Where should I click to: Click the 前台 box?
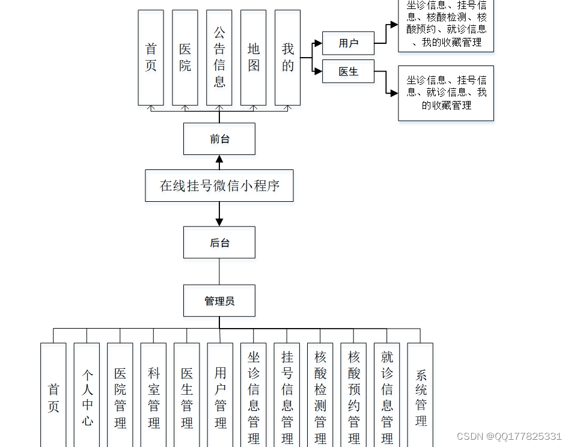(x=219, y=139)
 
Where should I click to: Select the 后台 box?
(x=219, y=243)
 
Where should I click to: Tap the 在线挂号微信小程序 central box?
(x=219, y=186)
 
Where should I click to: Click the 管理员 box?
(x=219, y=300)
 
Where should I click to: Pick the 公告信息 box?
(x=219, y=57)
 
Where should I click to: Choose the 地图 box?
(x=254, y=57)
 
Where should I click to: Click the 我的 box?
(x=288, y=57)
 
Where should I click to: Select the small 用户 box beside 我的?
(x=348, y=43)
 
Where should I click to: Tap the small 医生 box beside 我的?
(x=348, y=71)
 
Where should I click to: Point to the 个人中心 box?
(x=87, y=397)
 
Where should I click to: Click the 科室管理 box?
(x=154, y=397)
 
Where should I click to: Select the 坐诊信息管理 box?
(x=254, y=397)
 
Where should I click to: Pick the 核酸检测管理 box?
(x=320, y=397)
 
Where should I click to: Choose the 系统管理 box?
(x=420, y=397)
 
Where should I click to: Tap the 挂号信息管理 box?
(x=287, y=397)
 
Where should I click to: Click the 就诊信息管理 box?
(x=387, y=397)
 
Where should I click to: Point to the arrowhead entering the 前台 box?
(x=219, y=159)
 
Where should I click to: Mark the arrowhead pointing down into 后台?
(x=219, y=222)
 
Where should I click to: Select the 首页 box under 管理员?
(x=53, y=397)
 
